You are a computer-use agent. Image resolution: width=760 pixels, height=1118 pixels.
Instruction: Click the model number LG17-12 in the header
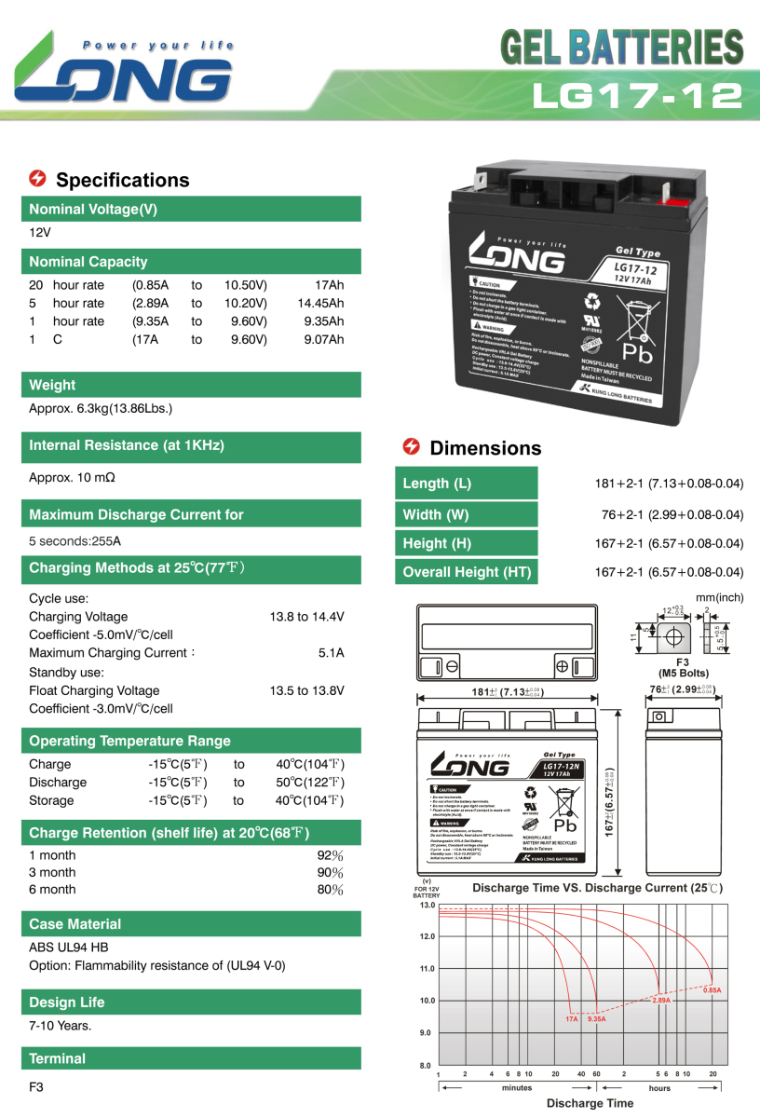click(637, 94)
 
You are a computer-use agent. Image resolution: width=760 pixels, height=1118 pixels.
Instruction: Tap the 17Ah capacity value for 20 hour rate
click(329, 285)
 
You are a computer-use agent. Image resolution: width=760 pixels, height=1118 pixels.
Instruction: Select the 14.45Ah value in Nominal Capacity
click(320, 303)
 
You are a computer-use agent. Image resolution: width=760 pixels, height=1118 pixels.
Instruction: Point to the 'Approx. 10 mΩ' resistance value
click(72, 477)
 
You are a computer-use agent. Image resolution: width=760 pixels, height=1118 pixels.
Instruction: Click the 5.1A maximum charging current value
click(331, 653)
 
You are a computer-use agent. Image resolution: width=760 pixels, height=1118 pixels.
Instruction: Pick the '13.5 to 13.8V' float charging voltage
click(306, 690)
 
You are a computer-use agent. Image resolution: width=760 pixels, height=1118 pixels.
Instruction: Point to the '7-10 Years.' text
click(61, 1026)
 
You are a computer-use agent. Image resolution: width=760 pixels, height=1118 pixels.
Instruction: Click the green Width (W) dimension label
click(467, 514)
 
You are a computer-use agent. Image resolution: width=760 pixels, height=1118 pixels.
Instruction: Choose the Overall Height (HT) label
click(467, 572)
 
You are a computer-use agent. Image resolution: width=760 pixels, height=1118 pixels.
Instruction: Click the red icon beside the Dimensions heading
click(410, 447)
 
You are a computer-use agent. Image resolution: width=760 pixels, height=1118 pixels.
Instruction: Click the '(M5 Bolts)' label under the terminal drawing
click(683, 673)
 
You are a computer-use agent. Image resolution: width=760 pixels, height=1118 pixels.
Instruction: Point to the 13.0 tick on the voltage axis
click(427, 905)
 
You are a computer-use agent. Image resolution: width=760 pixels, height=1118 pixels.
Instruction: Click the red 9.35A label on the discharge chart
click(596, 1019)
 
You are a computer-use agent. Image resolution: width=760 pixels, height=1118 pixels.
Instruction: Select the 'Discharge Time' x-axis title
click(590, 1103)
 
